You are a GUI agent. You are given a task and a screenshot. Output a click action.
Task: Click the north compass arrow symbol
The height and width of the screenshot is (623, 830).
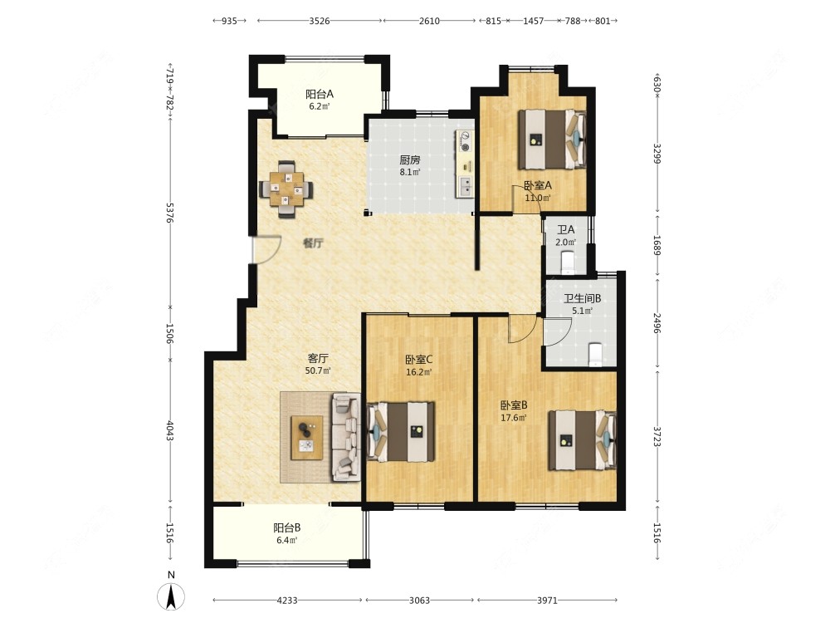171,596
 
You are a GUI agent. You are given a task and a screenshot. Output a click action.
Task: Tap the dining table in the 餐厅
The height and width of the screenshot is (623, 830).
286,189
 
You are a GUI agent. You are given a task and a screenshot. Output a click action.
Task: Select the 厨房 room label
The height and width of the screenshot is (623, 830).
410,159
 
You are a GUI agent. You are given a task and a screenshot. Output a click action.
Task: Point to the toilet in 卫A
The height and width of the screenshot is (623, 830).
568,262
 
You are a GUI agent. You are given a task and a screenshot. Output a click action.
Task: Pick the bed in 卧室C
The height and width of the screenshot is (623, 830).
401,431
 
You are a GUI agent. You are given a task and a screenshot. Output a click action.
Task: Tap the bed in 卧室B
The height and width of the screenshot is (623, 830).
583,439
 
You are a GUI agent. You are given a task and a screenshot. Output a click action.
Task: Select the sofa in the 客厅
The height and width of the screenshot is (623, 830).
346,437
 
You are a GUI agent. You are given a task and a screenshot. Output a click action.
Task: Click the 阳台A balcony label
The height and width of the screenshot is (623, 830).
320,95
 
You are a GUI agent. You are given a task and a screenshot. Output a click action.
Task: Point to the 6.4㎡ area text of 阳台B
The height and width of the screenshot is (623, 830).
286,541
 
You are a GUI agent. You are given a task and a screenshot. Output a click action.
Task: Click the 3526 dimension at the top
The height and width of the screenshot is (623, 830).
320,21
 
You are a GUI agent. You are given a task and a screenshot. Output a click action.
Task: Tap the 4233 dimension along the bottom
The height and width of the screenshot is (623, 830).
287,601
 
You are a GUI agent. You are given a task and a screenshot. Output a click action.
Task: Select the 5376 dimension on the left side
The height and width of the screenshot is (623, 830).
170,212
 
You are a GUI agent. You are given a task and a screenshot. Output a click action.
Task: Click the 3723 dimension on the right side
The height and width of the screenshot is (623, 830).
657,437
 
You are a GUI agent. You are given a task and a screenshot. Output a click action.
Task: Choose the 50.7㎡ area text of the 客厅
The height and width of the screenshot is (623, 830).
318,370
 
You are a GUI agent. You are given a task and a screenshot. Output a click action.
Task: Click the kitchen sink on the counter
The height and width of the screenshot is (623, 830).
466,186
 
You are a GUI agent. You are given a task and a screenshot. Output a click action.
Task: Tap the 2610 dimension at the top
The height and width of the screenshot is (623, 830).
429,21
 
